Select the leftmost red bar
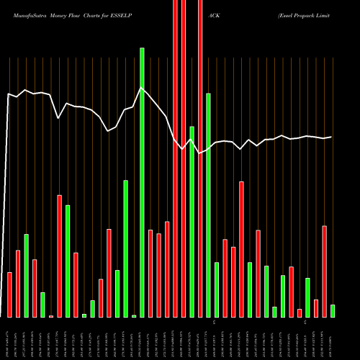pyautogui.click(x=10, y=294)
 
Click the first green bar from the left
pyautogui.click(x=27, y=275)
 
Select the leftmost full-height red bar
pyautogui.click(x=175, y=158)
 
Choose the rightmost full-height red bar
pyautogui.click(x=200, y=158)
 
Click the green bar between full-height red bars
pyautogui.click(x=192, y=221)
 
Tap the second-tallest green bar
pyautogui.click(x=208, y=205)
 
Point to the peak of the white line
pyautogui.click(x=142, y=88)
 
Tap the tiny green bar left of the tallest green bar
pyautogui.click(x=134, y=315)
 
